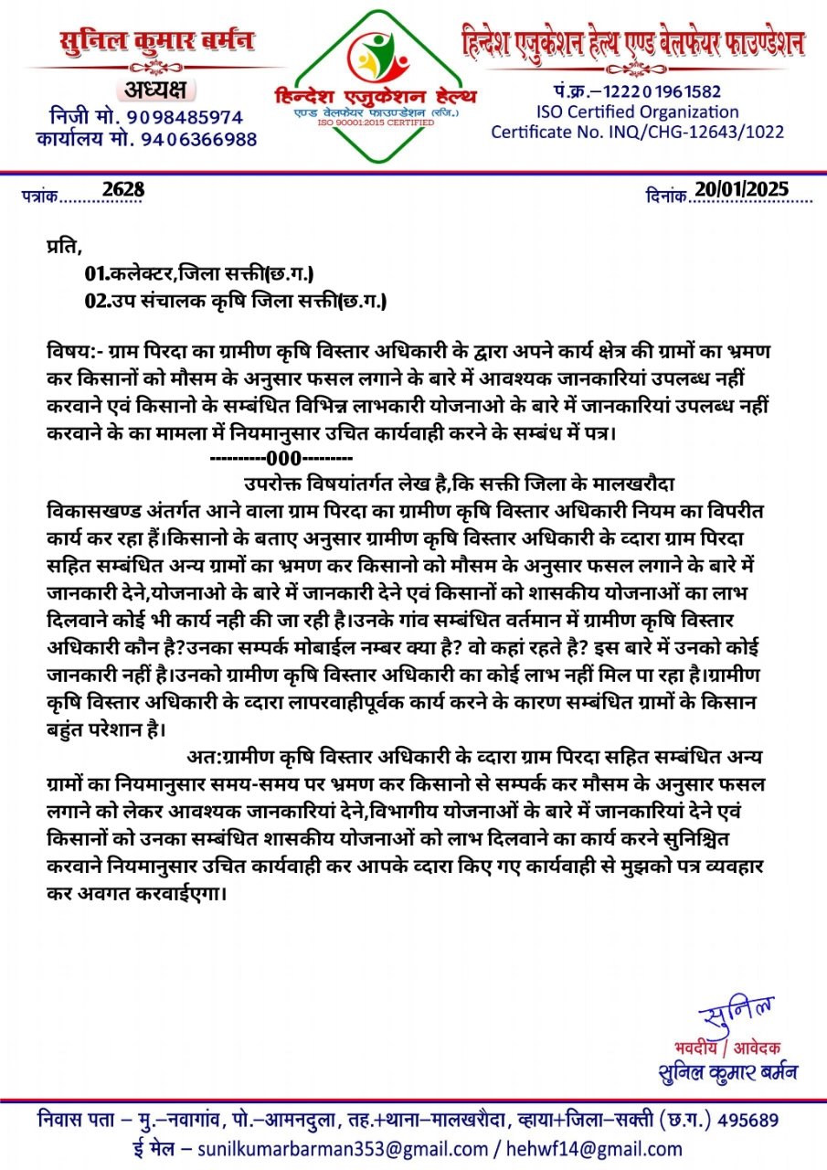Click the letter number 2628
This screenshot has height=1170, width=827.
[123, 189]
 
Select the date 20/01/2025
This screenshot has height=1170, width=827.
[741, 188]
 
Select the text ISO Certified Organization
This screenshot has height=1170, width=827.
[637, 112]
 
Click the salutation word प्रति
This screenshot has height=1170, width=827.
[63, 246]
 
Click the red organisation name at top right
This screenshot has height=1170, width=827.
[633, 43]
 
